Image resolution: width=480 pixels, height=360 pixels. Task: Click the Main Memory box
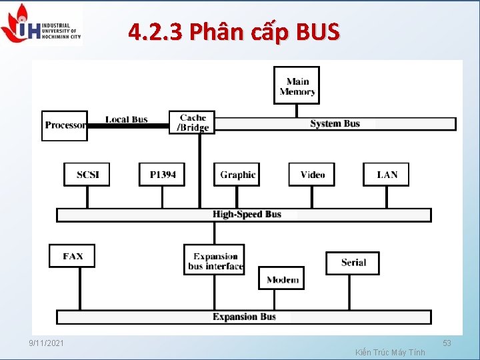tap(297, 86)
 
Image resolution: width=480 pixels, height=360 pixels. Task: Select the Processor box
tap(65, 125)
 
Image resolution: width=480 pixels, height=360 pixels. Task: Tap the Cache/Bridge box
tap(192, 123)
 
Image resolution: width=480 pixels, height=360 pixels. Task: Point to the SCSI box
tap(87, 175)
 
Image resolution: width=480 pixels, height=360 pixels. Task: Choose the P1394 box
tap(162, 175)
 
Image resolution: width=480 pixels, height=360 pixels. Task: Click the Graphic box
tap(237, 175)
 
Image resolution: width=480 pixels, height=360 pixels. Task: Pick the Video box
tap(312, 175)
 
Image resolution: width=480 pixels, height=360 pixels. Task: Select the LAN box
tap(387, 175)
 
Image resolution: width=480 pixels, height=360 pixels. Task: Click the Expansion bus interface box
tap(214, 261)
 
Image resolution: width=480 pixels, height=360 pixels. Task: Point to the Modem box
tap(281, 279)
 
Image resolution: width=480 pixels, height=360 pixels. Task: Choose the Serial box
tap(353, 263)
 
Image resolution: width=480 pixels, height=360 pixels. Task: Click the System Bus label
tap(335, 123)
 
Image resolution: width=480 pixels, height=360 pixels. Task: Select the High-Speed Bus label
tap(247, 214)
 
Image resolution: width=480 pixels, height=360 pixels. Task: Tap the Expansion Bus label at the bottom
tap(244, 317)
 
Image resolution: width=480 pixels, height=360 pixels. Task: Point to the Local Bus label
tap(126, 119)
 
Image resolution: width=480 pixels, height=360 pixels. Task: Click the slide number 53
tap(447, 343)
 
